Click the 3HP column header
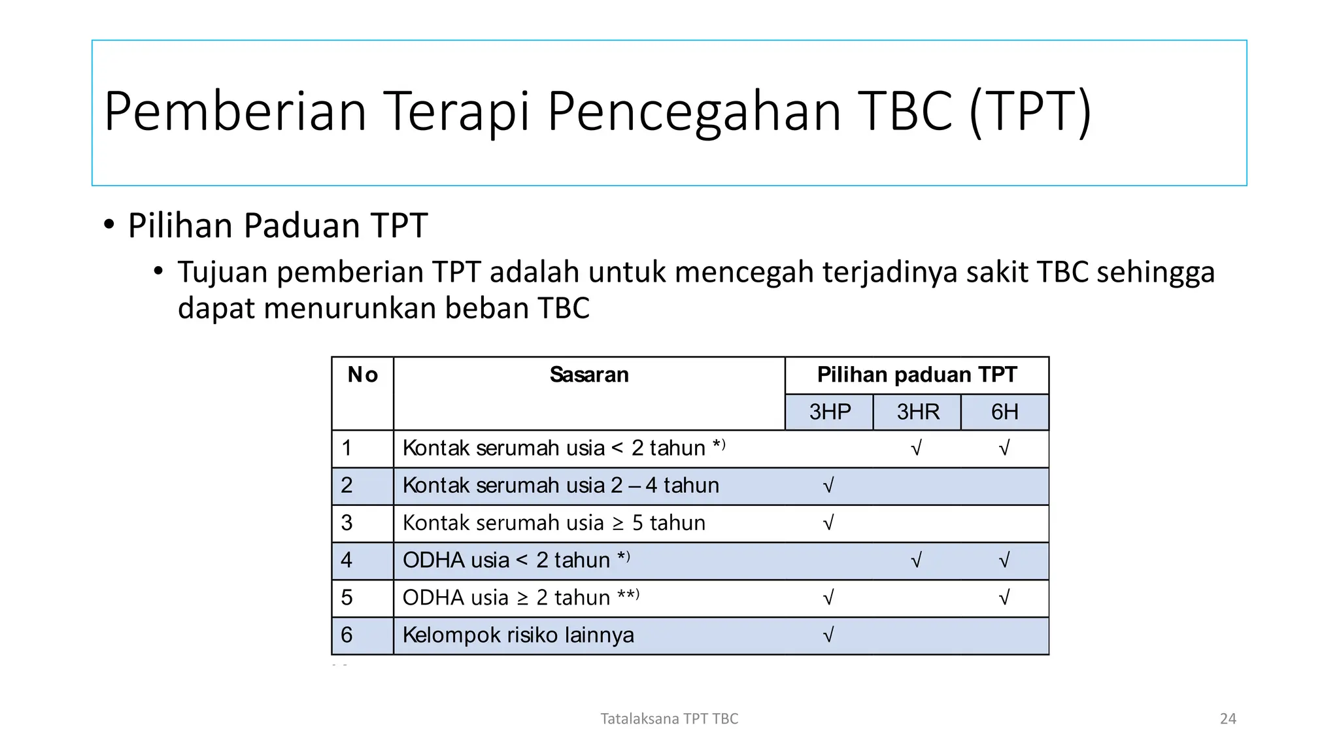829,412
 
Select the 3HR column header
917,412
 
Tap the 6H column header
1004,412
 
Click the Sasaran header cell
588,375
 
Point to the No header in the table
363,375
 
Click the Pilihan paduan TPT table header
917,375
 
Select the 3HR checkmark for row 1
916,448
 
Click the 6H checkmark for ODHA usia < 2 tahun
1004,560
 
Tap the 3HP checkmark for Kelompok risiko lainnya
828,635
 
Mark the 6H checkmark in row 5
1004,597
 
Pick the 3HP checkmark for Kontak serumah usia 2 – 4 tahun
828,485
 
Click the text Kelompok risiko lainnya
518,635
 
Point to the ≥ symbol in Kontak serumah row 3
618,524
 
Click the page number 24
1228,719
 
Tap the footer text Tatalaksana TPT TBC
669,719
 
